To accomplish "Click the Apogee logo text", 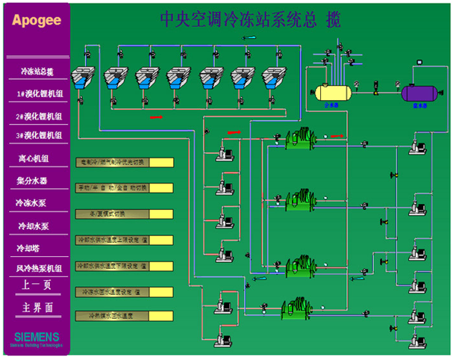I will coord(35,20).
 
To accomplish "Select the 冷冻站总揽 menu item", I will coord(37,72).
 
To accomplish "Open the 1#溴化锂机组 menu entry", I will coord(40,95).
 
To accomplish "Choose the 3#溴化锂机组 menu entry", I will coord(40,135).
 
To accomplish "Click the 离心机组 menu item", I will coord(34,158).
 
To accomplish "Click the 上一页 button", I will coord(37,285).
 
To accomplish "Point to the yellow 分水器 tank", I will coord(332,93).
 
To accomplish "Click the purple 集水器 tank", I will coord(420,93).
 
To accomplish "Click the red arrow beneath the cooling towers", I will coord(158,117).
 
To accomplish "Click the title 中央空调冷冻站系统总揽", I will coord(250,20).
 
